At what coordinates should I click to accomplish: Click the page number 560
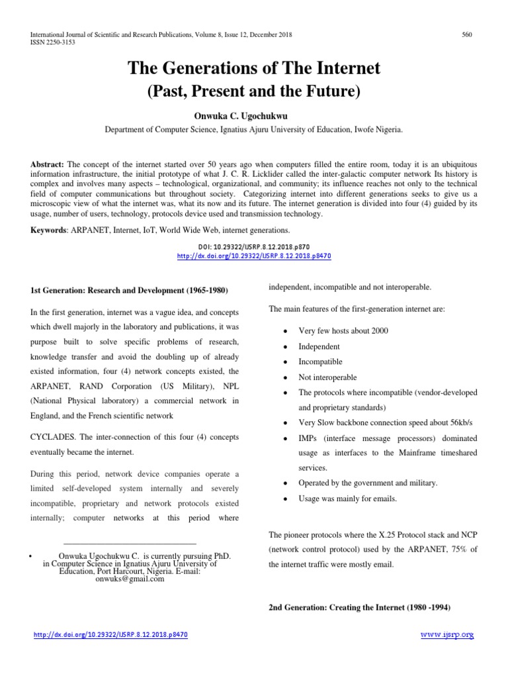tap(466, 34)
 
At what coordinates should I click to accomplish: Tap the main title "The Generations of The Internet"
tap(254, 69)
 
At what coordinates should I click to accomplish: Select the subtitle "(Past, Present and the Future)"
tap(254, 92)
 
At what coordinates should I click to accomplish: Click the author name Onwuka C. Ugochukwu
tap(254, 117)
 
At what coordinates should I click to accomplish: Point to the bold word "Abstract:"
tap(48, 164)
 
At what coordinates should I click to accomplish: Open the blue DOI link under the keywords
tap(254, 255)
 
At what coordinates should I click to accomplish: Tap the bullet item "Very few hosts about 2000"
tap(344, 330)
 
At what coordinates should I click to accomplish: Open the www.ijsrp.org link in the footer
tap(448, 635)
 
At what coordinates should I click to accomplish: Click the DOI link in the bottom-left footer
tap(111, 635)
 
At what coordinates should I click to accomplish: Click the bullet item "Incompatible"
tap(321, 362)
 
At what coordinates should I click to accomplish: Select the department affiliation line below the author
tap(254, 130)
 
